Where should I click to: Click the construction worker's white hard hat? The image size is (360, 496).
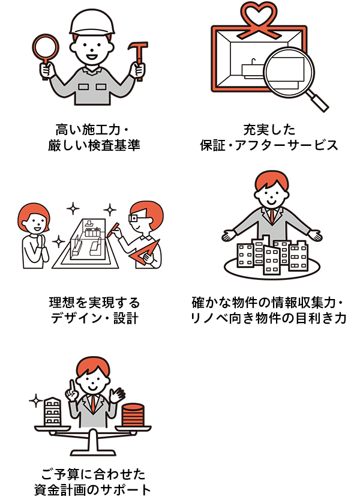click(x=92, y=23)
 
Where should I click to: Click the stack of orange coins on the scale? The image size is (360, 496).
click(x=131, y=414)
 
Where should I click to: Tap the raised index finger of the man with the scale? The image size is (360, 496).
click(x=70, y=383)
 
